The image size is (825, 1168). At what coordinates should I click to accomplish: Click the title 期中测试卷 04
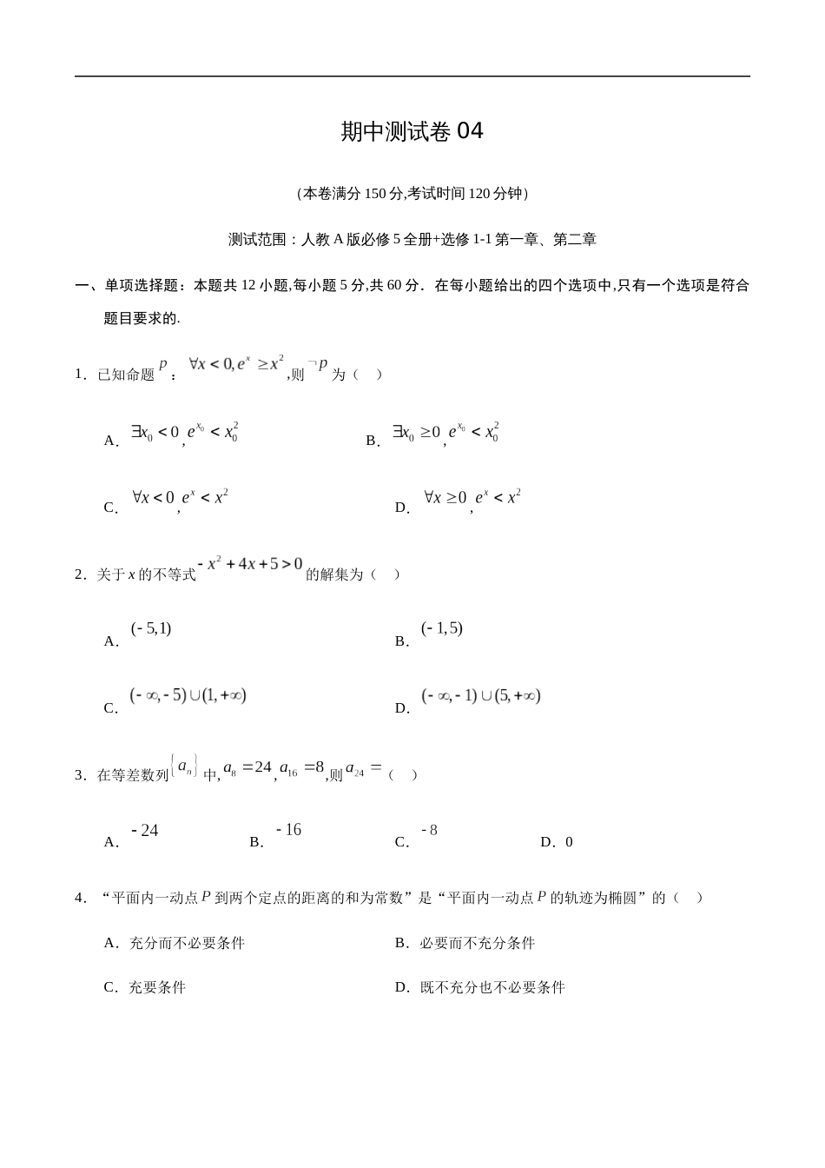pos(412,131)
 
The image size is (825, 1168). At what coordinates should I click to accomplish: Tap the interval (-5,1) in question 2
pos(151,629)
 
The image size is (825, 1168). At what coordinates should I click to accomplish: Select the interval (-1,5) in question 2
pos(441,629)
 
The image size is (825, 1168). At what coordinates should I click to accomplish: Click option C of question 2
pos(188,696)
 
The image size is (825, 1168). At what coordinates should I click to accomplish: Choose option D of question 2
pos(480,696)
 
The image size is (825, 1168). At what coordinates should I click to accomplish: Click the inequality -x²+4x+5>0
pos(250,565)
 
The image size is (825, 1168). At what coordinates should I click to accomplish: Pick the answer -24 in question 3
pos(145,832)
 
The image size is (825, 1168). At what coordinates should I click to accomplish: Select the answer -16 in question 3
pos(288,831)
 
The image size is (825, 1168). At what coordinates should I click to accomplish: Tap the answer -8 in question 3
pos(429,831)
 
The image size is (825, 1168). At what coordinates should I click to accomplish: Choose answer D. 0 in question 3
pos(557,841)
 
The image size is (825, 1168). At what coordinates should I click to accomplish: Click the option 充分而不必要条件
pos(186,943)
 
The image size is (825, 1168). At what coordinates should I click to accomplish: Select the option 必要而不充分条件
pos(477,943)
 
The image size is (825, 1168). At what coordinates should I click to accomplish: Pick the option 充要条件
pos(156,987)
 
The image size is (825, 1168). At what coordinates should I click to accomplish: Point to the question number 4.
pos(79,898)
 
